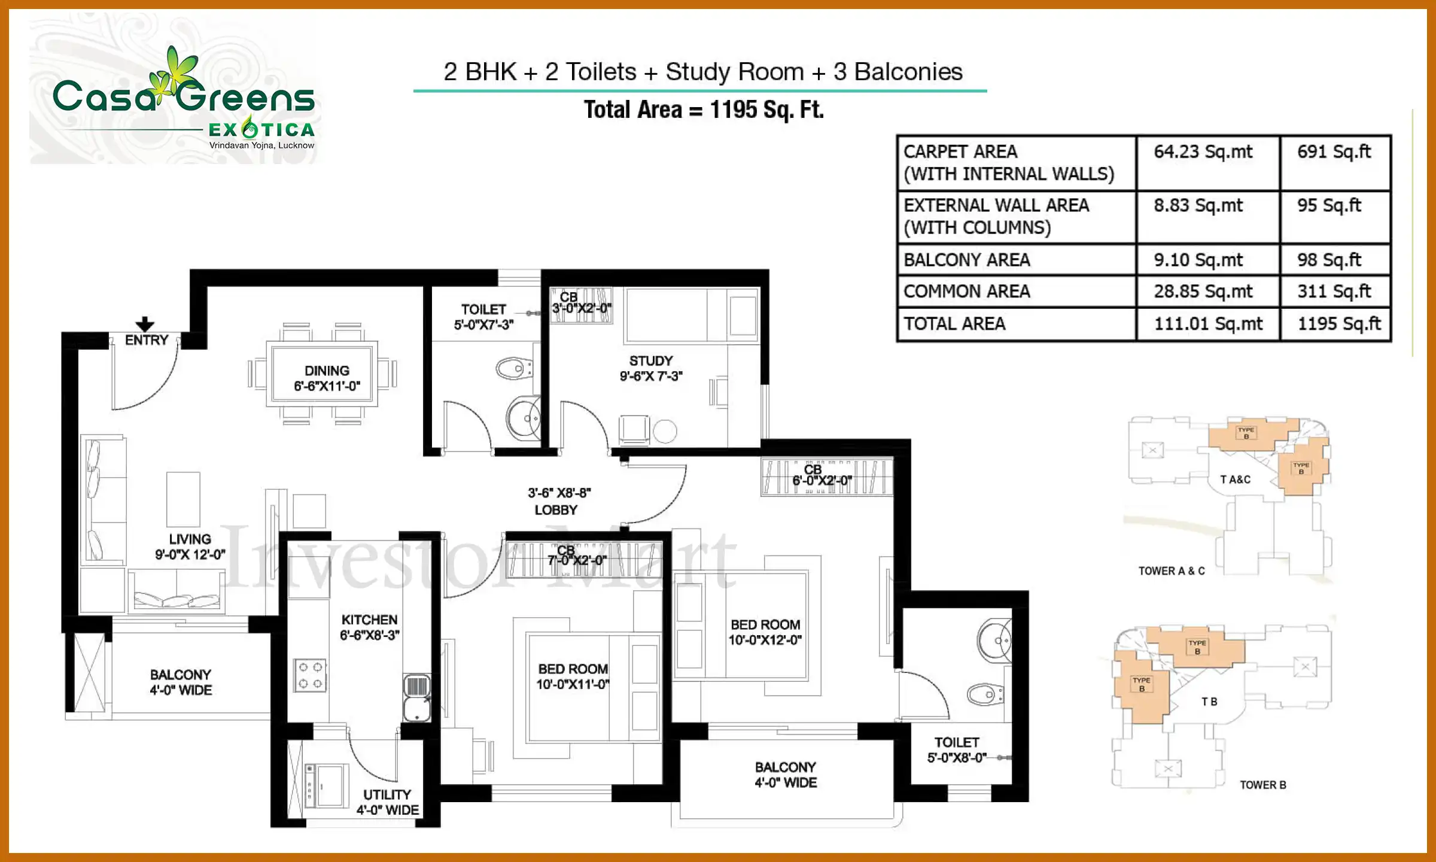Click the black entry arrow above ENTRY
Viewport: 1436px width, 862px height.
[145, 324]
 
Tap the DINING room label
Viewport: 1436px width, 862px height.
[327, 371]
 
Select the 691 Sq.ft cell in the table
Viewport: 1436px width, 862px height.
[1334, 152]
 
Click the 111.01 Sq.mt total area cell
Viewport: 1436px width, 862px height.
[1208, 324]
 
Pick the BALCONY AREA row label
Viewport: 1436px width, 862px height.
[966, 260]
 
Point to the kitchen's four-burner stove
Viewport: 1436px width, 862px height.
[310, 675]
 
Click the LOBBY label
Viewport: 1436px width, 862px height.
[556, 510]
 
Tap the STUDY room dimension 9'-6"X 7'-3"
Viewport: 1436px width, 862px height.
[651, 376]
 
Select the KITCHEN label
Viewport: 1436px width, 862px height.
[369, 620]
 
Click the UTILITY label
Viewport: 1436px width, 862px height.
[387, 794]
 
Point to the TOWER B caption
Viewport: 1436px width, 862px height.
[1262, 785]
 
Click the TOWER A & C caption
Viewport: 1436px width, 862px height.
[1172, 571]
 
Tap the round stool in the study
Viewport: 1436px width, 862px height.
[665, 431]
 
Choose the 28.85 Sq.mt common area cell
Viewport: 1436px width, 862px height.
[1203, 292]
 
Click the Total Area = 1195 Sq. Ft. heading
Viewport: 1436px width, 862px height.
[704, 110]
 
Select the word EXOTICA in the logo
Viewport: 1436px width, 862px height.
[261, 129]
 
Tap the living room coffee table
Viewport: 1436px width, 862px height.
[183, 499]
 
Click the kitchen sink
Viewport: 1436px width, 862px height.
[417, 698]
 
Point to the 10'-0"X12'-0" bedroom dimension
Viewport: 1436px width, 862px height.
[765, 640]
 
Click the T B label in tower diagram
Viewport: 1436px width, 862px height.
[1209, 702]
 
